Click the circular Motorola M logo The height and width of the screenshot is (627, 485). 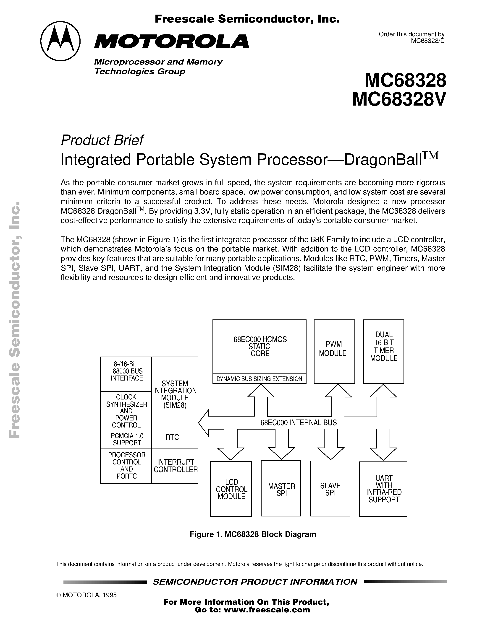tap(60, 41)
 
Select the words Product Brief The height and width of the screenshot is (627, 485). tap(102, 140)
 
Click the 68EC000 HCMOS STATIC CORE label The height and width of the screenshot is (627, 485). tap(260, 346)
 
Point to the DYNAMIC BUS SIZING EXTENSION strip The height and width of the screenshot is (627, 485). tap(259, 379)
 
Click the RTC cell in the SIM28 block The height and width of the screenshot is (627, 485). tap(172, 437)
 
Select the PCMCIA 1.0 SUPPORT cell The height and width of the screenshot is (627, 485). tap(126, 439)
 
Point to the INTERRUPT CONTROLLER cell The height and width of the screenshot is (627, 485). tap(175, 465)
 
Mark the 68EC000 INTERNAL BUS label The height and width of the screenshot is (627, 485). tap(298, 422)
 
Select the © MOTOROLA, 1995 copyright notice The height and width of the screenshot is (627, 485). tap(87, 595)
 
